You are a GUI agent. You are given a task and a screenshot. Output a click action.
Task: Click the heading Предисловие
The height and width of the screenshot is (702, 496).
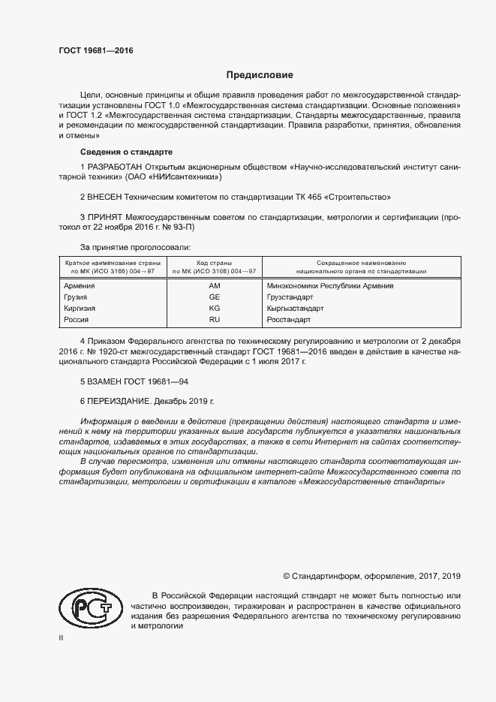coord(260,75)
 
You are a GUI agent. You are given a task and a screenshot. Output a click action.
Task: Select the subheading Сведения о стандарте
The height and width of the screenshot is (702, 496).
coord(126,152)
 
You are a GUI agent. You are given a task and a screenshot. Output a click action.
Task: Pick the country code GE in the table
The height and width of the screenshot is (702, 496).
coord(214,297)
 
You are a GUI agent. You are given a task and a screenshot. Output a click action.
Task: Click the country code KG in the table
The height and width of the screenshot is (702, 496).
coord(214,309)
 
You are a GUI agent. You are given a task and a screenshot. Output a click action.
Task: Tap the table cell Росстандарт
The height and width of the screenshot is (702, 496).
coord(289,320)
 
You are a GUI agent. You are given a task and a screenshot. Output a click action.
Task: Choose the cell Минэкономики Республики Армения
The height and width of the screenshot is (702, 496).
coord(330,285)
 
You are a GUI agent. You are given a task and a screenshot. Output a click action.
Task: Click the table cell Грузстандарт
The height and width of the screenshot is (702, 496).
coord(290,297)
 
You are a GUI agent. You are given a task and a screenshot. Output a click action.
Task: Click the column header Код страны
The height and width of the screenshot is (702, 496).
coord(214,262)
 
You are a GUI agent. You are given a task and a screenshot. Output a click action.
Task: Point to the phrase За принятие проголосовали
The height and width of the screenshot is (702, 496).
coord(136,247)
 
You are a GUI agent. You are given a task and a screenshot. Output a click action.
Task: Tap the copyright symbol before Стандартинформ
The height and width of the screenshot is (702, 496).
coord(286,576)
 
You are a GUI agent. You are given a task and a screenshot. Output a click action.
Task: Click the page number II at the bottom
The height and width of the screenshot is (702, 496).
coord(62,638)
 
